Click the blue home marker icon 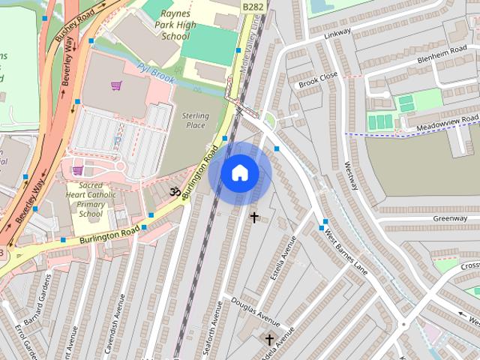click(x=239, y=173)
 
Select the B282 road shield click(x=253, y=6)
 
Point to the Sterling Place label click(x=193, y=120)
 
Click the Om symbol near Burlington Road click(x=175, y=193)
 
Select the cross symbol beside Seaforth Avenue click(x=254, y=217)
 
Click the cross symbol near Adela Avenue click(x=268, y=340)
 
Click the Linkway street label click(x=337, y=34)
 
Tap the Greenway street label click(x=449, y=218)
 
